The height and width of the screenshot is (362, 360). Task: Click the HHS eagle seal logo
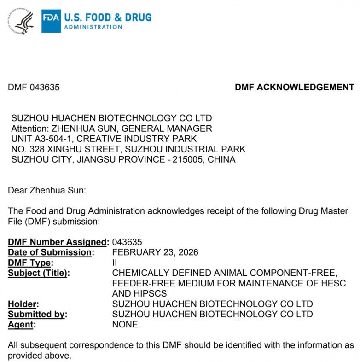[x=21, y=21]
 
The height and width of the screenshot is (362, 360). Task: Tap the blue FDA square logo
[x=51, y=21]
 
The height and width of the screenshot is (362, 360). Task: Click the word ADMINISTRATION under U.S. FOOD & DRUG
[x=93, y=27]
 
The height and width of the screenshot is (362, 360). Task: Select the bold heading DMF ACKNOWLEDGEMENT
[x=295, y=87]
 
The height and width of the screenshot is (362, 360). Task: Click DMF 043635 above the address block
[x=34, y=87]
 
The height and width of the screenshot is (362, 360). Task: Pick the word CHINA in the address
[x=221, y=160]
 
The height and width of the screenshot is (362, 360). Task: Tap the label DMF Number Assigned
[x=58, y=242]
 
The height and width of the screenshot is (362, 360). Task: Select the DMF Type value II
[x=115, y=263]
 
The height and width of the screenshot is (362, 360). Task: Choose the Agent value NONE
[x=125, y=324]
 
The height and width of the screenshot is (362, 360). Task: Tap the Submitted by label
[x=37, y=314]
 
